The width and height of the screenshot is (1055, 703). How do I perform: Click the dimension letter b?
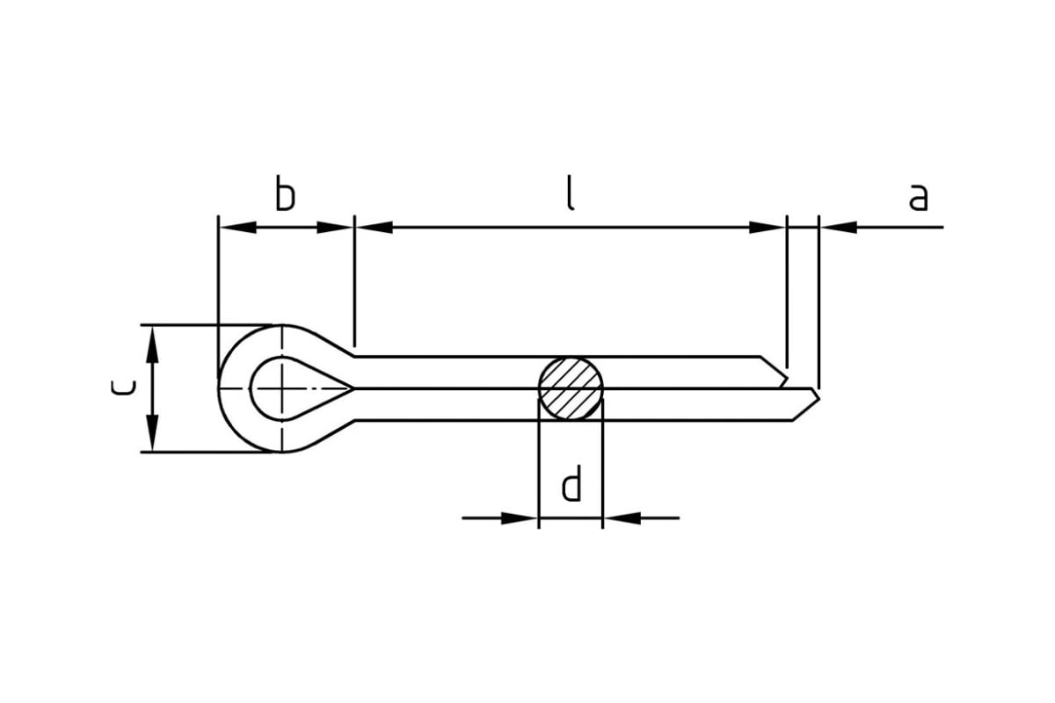point(285,192)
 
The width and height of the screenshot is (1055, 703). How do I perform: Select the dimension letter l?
point(570,192)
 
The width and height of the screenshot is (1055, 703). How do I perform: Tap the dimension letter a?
point(918,197)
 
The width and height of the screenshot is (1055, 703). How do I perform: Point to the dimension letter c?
point(123,388)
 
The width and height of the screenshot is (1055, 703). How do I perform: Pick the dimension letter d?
point(571,483)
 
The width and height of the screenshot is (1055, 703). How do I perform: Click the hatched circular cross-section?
point(571,388)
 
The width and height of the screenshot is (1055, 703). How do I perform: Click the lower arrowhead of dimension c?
point(152,432)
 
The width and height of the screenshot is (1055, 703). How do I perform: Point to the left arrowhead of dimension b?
point(238,228)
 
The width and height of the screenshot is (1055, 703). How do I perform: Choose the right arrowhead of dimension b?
point(335,228)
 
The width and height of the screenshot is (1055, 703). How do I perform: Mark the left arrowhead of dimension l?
point(375,228)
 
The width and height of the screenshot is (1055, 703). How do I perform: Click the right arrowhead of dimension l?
point(768,228)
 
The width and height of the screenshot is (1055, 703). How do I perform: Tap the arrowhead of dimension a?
point(839,228)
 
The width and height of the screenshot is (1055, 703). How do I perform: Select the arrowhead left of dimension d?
point(519,518)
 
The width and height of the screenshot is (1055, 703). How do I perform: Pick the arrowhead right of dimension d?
point(622,518)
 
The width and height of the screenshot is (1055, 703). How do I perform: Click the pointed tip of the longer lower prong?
point(819,399)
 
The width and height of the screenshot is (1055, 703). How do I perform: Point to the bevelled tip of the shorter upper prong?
point(787,377)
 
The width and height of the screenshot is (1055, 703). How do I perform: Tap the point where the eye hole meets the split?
point(353,388)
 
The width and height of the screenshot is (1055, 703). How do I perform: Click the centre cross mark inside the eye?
point(282,388)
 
